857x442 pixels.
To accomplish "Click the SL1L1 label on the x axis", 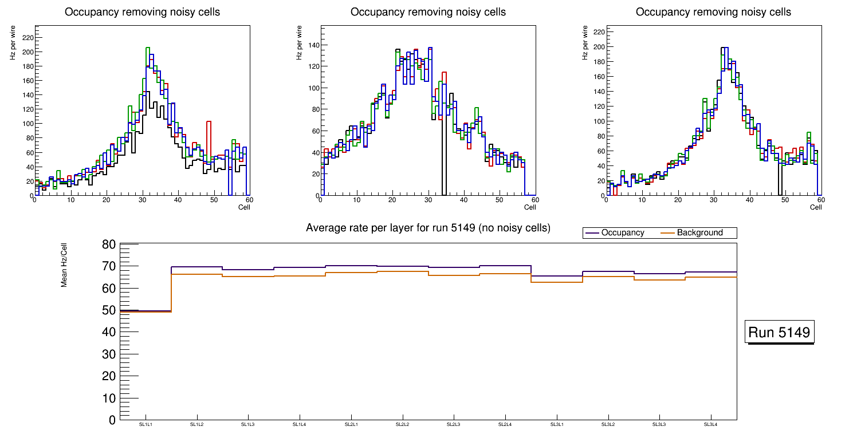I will tap(146, 424).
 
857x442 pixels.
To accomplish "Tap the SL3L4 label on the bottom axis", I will tap(710, 424).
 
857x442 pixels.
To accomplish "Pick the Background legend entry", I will tap(699, 233).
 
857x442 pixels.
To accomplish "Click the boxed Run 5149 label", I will tap(780, 332).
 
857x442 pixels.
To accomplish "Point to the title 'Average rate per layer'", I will tap(428, 228).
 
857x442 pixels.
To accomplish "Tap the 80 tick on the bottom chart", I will tap(109, 244).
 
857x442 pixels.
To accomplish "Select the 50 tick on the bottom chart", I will tap(109, 310).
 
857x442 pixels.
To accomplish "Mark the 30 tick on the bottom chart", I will tap(109, 354).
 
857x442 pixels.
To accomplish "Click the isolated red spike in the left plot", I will tap(209, 122).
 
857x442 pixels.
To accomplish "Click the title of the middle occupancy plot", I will tap(428, 12).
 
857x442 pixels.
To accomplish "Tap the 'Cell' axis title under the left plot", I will tap(244, 207).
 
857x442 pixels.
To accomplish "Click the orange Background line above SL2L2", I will tap(402, 271).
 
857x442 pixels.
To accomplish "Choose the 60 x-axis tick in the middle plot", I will tap(534, 200).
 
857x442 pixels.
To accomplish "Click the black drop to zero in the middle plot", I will tap(443, 160).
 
